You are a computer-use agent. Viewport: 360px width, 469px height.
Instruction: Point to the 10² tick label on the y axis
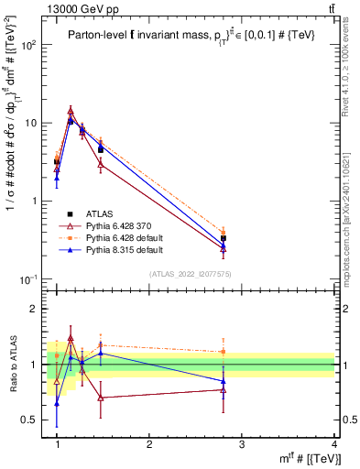click(x=28, y=45)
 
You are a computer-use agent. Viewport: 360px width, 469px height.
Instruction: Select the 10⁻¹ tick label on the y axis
click(x=28, y=278)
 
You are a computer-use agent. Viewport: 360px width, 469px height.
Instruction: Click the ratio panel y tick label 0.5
click(x=33, y=420)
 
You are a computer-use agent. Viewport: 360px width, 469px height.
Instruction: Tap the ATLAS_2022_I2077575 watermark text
click(x=198, y=274)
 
